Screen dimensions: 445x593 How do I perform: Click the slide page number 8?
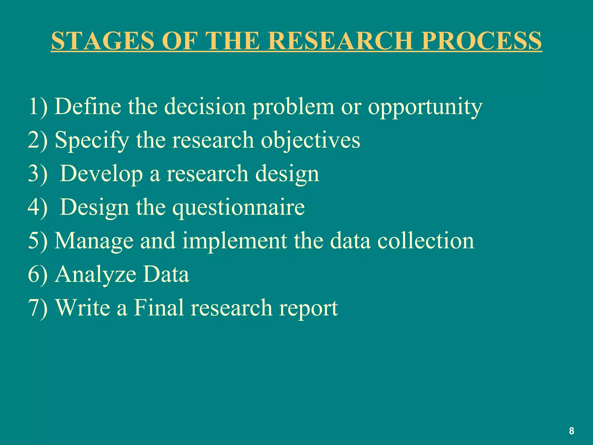(571, 431)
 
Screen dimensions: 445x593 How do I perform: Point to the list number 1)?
(38, 107)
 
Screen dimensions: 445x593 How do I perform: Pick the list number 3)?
(38, 174)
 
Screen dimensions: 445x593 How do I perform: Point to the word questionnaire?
(239, 208)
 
